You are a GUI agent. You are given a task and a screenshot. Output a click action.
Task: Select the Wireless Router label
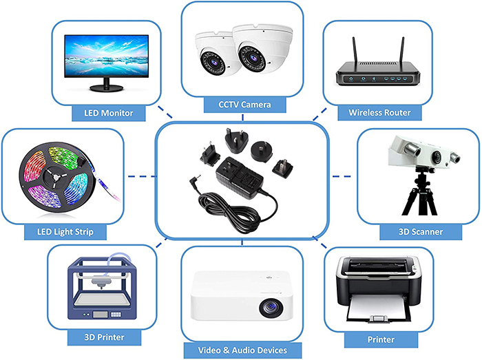379,112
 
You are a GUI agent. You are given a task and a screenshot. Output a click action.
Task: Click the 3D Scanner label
420,231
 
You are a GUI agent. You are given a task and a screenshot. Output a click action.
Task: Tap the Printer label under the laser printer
381,339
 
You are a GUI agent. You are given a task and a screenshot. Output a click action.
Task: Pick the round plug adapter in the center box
262,152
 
